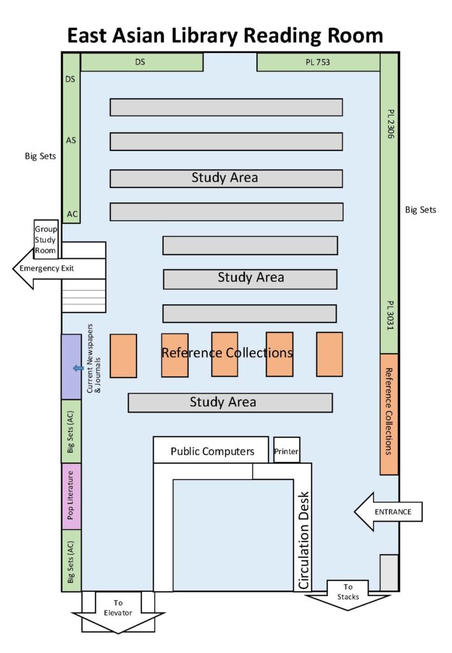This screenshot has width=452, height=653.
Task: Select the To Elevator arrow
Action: click(118, 612)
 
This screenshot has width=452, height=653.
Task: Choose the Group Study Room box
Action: click(46, 240)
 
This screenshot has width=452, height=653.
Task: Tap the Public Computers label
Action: click(212, 451)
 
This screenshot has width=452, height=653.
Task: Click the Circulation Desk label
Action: click(303, 539)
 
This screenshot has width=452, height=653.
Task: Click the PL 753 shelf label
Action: click(317, 62)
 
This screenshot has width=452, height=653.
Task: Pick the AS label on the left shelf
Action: click(71, 140)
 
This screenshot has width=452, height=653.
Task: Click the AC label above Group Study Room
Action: click(72, 214)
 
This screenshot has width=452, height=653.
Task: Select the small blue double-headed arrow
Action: click(78, 368)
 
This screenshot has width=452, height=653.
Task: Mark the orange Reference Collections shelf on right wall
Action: click(390, 414)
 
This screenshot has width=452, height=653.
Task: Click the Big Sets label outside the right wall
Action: click(421, 209)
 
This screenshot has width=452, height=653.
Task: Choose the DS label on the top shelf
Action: click(140, 62)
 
